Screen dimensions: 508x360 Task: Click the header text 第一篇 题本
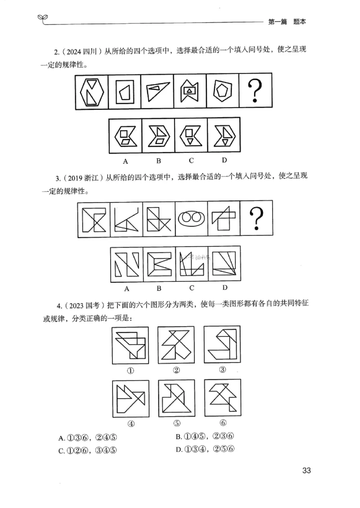(287, 22)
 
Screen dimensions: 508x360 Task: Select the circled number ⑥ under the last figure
(223, 423)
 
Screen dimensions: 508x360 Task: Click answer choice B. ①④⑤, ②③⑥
(206, 437)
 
